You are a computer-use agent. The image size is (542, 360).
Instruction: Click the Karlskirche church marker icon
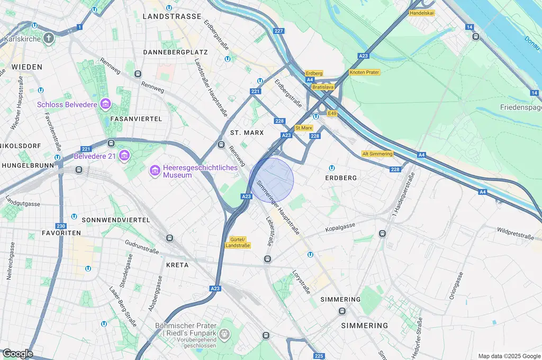[49, 38]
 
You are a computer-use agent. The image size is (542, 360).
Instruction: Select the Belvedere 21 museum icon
[124, 155]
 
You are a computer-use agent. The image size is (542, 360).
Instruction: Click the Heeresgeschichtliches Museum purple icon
[155, 170]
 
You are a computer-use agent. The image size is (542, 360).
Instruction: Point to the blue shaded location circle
[271, 180]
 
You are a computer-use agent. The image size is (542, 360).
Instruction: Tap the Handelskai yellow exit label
[422, 13]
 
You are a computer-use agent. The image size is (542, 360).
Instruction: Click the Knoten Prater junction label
[364, 72]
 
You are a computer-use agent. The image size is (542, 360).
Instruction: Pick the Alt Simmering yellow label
[377, 154]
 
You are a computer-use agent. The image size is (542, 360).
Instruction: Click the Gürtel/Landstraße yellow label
[237, 242]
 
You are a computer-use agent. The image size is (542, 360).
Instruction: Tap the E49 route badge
[332, 113]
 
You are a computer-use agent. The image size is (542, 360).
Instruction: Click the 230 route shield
[60, 226]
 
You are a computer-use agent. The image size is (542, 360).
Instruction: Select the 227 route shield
[278, 31]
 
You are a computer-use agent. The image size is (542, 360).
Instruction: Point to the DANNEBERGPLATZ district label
[176, 52]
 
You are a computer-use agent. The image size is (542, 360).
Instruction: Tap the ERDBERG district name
[341, 178]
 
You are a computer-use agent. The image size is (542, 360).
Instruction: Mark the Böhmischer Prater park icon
[225, 334]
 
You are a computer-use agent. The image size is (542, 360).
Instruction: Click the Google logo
[17, 353]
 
